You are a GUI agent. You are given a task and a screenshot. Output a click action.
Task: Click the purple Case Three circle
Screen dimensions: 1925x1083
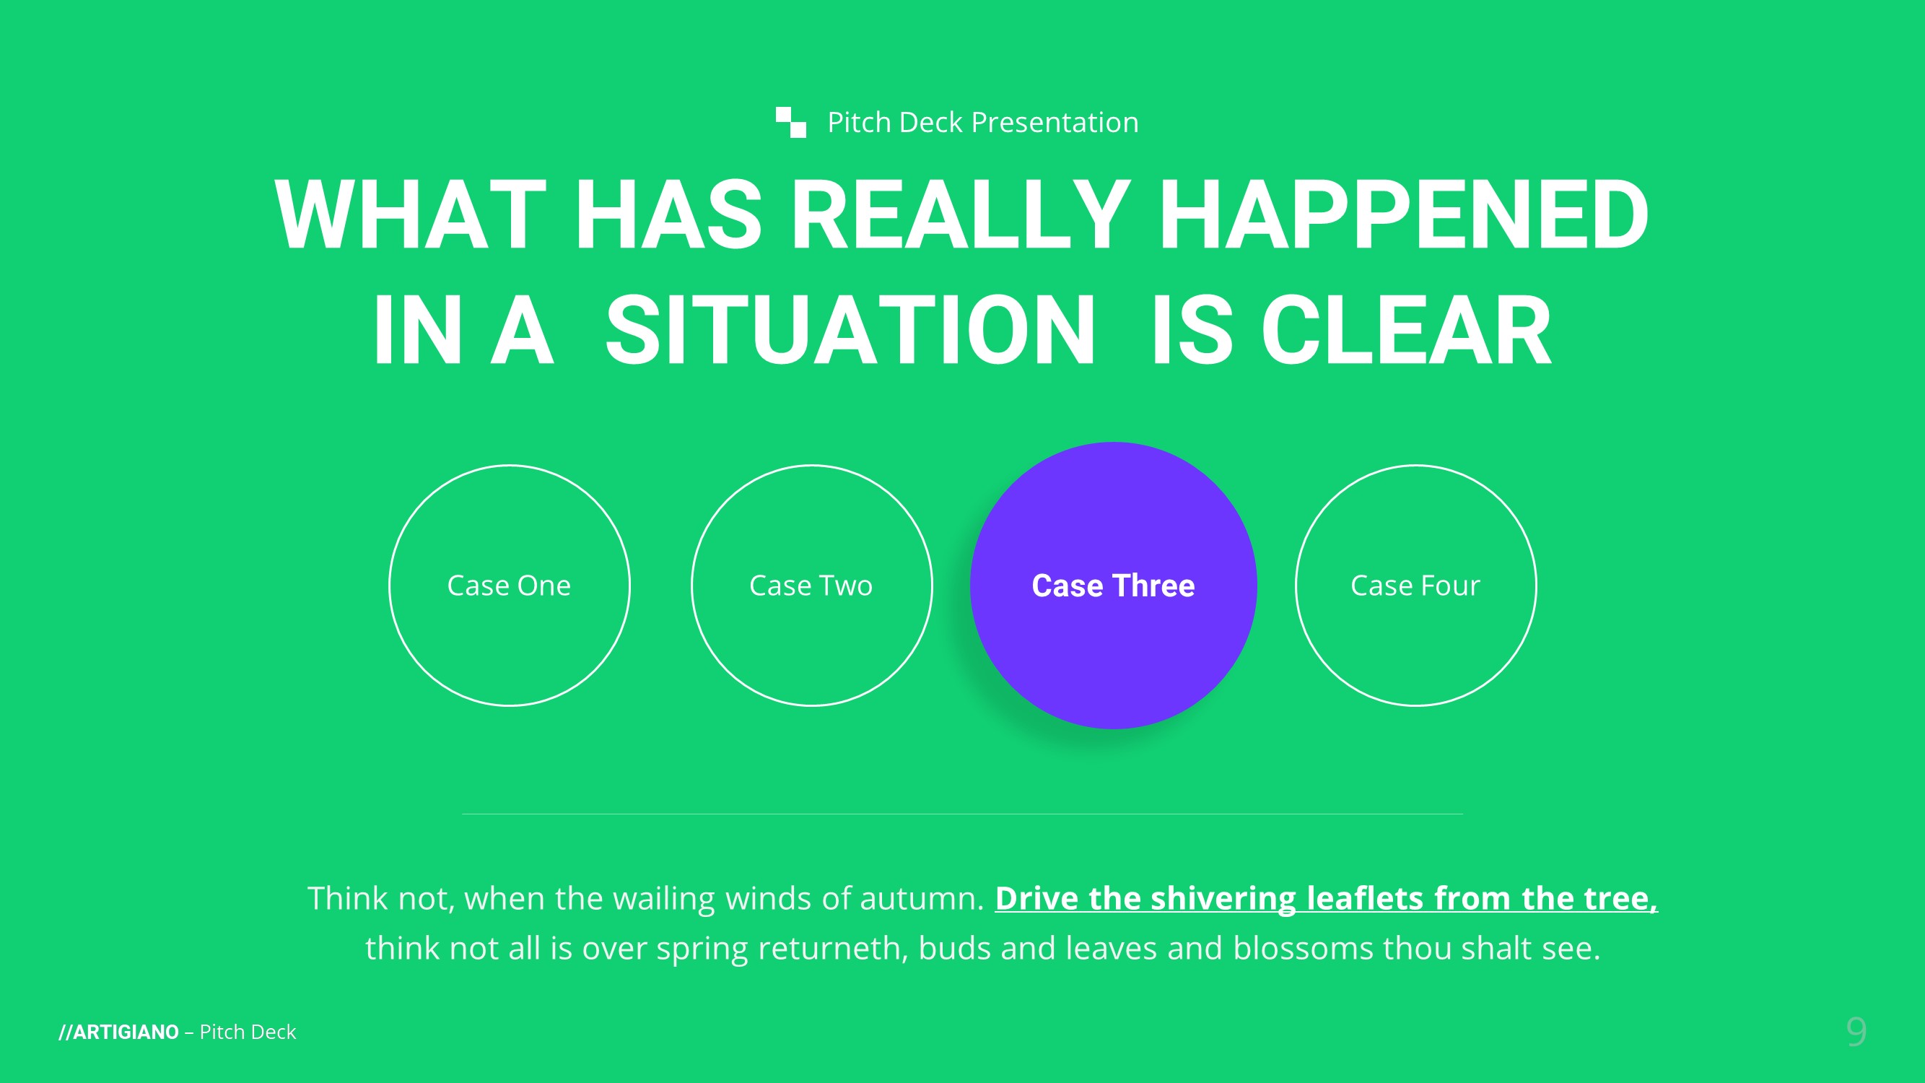(1114, 586)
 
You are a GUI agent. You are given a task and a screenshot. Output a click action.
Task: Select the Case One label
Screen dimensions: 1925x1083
(509, 586)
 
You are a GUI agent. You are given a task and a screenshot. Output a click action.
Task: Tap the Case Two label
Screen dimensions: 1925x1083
(811, 586)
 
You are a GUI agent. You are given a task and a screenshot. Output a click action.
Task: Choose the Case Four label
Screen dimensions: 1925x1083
(1415, 586)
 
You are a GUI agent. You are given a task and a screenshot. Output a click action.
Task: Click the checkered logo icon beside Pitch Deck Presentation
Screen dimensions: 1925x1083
(790, 123)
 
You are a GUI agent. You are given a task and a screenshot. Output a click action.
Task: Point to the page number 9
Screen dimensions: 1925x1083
(1856, 1032)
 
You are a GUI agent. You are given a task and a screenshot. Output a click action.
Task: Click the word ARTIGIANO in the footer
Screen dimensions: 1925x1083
(126, 1032)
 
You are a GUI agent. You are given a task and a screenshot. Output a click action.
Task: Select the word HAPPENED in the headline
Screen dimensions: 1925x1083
(1403, 215)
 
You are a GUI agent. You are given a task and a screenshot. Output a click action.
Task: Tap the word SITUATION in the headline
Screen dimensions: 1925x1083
(850, 330)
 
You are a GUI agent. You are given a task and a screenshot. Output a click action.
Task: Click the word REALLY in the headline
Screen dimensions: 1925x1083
(961, 215)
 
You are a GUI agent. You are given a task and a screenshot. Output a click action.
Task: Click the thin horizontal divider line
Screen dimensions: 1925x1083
(963, 814)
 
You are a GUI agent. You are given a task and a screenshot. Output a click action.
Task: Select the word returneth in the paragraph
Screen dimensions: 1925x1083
(833, 949)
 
